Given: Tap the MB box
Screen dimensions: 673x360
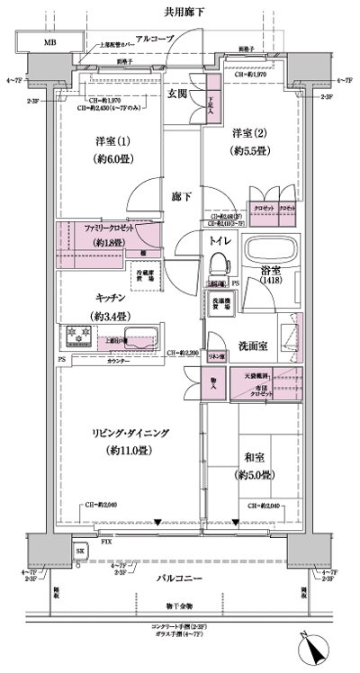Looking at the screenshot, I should [42, 43].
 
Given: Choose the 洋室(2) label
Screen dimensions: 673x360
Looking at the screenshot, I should [247, 130].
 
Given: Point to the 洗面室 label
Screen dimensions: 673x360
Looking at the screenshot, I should [258, 348].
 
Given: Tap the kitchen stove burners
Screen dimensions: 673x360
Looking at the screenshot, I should [77, 336].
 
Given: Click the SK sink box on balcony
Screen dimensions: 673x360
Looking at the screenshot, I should [80, 549].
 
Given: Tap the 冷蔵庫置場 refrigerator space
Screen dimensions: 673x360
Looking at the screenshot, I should [145, 275].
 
